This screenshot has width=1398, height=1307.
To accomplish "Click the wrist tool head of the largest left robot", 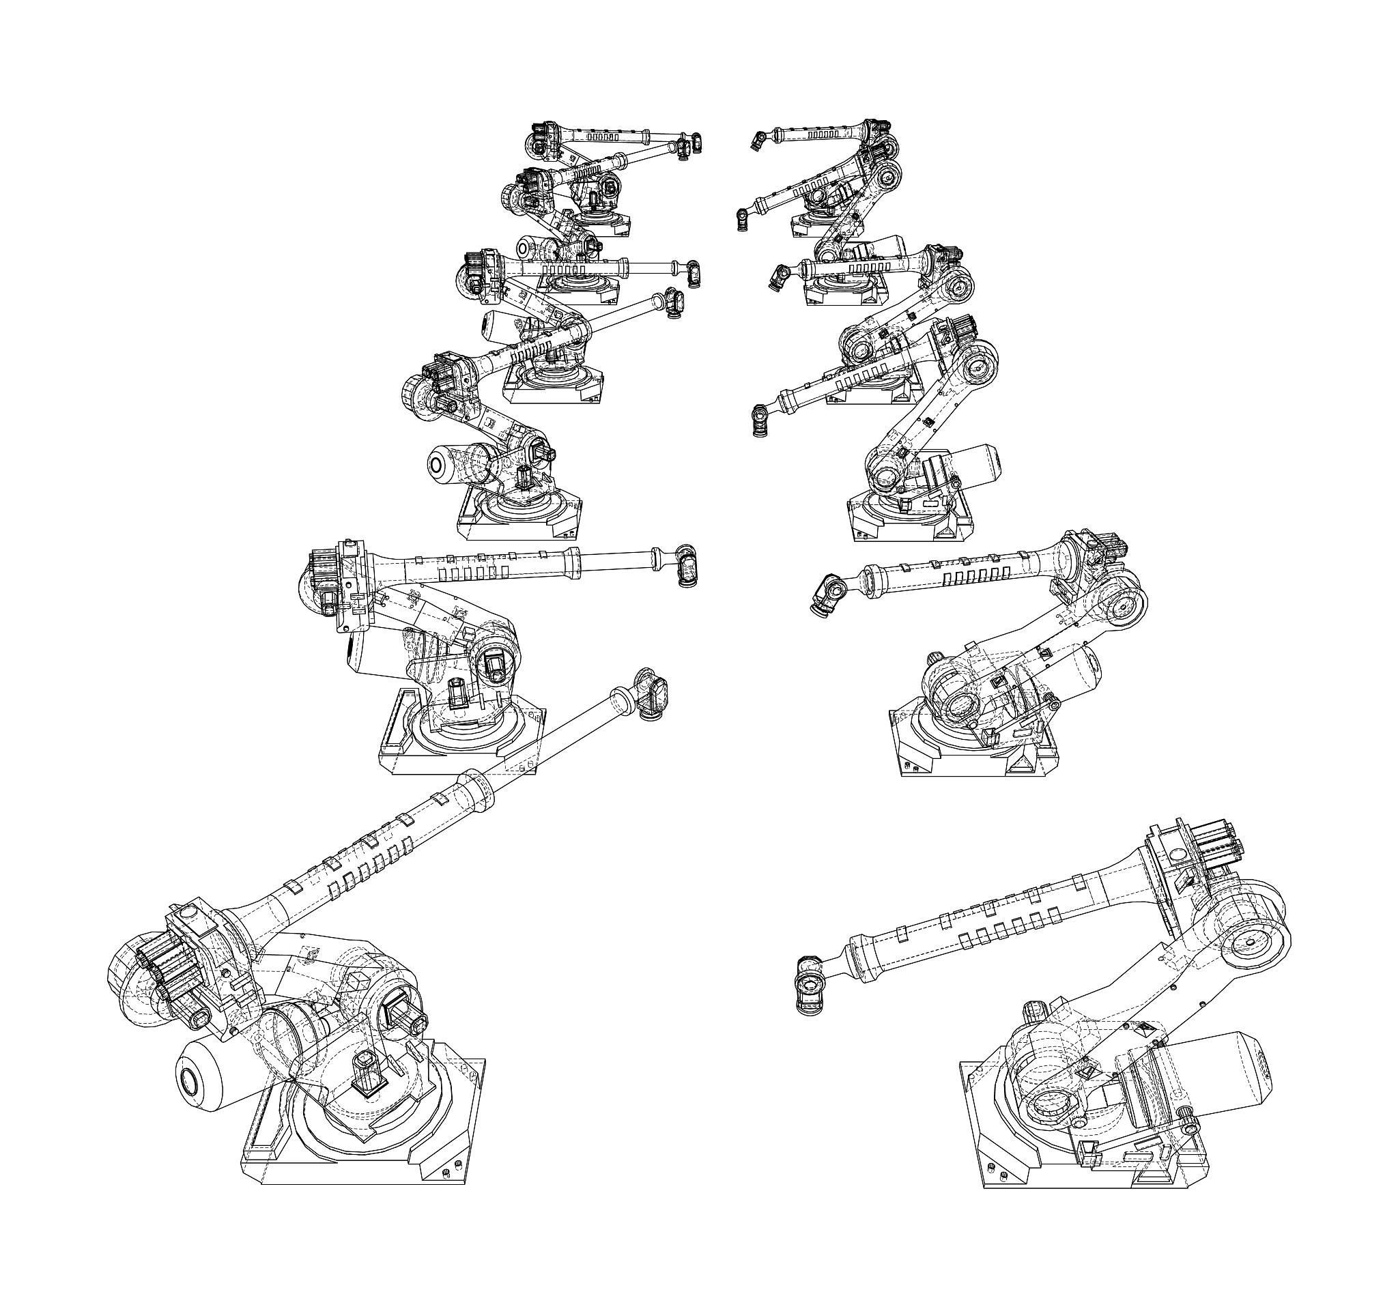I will (x=652, y=693).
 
